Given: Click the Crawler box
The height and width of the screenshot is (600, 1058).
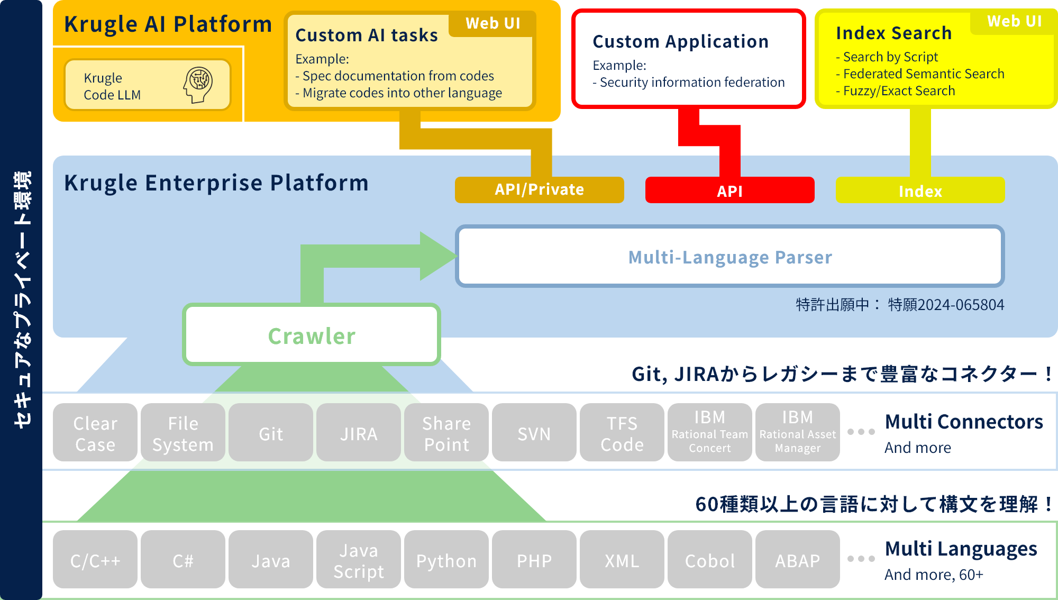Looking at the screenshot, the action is [312, 335].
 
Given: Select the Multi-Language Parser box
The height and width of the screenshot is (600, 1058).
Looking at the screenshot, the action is [729, 257].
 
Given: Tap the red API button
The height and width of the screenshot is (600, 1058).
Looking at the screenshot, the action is [729, 190].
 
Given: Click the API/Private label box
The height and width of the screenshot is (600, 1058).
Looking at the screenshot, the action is [539, 190].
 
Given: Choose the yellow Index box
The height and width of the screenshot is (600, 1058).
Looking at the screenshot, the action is [920, 190].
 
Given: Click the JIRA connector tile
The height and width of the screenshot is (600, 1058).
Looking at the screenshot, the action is [359, 432].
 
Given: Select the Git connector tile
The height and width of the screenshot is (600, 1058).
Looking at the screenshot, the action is [271, 432].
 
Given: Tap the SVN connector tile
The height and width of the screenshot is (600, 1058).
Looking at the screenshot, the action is [534, 432].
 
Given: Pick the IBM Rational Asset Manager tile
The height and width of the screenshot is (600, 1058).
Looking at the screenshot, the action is [798, 432].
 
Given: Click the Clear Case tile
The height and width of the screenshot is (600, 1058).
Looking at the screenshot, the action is [95, 432].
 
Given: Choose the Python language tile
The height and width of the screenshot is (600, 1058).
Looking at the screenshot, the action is [446, 559].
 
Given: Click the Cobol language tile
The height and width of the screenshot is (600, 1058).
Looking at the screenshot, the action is [710, 559].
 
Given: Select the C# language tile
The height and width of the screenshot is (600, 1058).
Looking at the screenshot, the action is [183, 559].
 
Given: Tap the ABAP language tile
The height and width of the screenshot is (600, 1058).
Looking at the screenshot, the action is [798, 559].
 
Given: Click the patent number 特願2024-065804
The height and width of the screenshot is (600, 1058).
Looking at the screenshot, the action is [946, 305].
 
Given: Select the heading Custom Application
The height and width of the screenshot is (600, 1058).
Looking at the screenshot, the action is [680, 41].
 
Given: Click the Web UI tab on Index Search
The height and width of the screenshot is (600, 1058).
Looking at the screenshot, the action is [1014, 22].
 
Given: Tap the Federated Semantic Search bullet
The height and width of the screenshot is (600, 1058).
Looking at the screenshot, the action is [920, 74].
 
